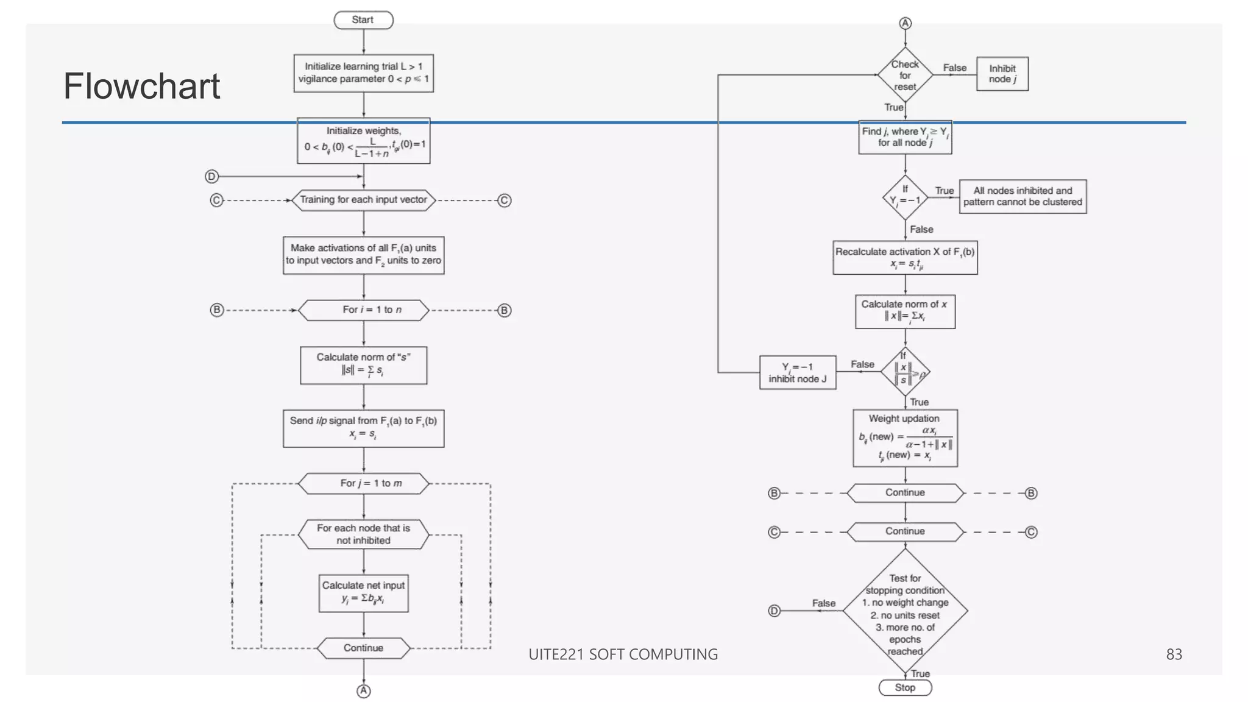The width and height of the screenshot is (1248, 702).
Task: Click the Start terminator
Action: [x=363, y=20]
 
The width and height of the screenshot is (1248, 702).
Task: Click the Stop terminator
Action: [x=905, y=687]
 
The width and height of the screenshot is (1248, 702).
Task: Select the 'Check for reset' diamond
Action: [x=905, y=75]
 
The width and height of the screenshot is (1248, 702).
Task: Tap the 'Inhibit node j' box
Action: [x=1002, y=74]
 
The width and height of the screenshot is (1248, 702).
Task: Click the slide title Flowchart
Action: [x=141, y=86]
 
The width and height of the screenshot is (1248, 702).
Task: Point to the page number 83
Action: [x=1174, y=654]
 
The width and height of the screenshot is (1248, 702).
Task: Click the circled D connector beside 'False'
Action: [x=774, y=611]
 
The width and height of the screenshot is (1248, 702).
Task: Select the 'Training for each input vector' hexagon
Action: [x=363, y=200]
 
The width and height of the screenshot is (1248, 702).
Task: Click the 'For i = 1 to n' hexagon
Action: [x=363, y=310]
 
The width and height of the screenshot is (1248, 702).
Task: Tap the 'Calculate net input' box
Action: [x=363, y=593]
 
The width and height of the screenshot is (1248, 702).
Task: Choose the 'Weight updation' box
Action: [x=905, y=438]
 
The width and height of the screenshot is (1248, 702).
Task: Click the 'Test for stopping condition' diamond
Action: [x=905, y=611]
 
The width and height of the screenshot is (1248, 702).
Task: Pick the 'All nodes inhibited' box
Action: [x=1023, y=196]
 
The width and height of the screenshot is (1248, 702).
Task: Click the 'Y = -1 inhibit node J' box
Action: [x=797, y=372]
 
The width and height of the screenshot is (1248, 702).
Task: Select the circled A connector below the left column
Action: [x=363, y=690]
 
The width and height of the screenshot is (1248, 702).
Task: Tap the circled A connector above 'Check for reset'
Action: [x=905, y=23]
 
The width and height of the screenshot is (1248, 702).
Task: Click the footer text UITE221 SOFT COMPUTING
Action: [x=623, y=654]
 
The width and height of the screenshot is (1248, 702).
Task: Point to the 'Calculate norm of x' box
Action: [x=905, y=311]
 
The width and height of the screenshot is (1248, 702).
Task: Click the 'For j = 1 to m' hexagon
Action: [x=363, y=483]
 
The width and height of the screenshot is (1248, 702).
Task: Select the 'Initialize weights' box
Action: [x=363, y=141]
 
